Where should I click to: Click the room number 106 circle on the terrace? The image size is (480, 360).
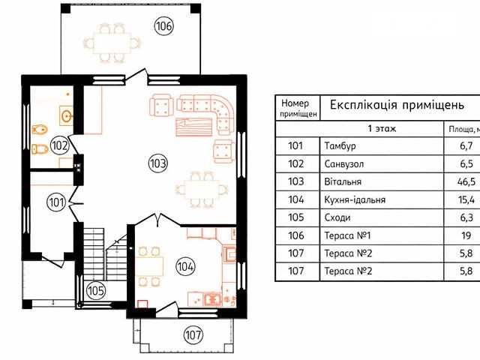coord(163,26)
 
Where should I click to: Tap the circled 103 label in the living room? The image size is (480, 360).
coord(158,163)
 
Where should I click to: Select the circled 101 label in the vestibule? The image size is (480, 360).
coord(57,202)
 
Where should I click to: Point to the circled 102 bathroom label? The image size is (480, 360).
coord(59,145)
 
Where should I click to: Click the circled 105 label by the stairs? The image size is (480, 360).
coord(96,290)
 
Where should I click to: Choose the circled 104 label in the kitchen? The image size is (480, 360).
coord(185,266)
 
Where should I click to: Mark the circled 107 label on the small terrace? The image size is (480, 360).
coord(193,334)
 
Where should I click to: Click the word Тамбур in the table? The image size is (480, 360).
coord(340,145)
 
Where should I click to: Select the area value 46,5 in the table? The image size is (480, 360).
coord(466,181)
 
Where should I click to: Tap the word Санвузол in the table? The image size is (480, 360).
coord(344,164)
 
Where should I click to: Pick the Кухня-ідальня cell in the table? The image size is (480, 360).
coord(355,200)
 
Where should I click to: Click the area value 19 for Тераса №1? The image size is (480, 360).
coord(466,235)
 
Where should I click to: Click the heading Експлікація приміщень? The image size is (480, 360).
coord(397,105)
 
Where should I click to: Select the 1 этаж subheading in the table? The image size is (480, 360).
coord(382,128)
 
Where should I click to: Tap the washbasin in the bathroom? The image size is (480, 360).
coord(67,115)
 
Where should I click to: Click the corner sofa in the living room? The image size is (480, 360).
coord(205,111)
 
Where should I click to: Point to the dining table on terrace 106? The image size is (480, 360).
coord(112,43)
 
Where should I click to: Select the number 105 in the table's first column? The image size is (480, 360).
coord(296,217)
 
